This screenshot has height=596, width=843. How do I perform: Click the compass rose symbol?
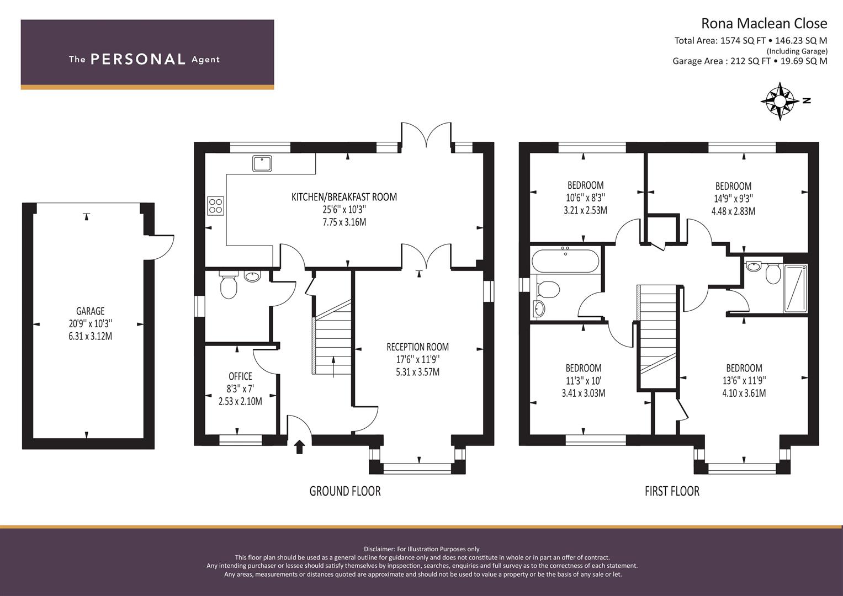[x=780, y=101]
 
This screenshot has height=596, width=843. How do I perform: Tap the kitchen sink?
[x=262, y=164]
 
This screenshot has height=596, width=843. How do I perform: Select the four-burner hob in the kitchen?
[x=216, y=206]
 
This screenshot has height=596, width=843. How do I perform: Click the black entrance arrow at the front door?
[x=300, y=447]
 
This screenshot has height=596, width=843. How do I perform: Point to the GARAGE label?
[x=91, y=311]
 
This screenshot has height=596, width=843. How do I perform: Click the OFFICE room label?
[x=241, y=376]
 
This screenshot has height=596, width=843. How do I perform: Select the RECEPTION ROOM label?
[x=418, y=347]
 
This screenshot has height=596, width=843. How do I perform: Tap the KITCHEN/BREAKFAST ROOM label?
[x=344, y=197]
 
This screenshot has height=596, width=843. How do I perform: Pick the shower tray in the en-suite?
[x=796, y=288]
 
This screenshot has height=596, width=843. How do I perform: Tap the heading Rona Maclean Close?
[x=765, y=23]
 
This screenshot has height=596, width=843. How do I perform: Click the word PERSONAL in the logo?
[x=138, y=59]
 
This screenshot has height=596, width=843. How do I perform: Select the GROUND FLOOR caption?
[x=345, y=491]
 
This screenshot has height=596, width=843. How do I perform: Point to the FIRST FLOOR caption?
[x=672, y=491]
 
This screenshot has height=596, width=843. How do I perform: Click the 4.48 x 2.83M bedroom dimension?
[x=733, y=211]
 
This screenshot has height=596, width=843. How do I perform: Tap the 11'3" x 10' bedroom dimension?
[x=584, y=380]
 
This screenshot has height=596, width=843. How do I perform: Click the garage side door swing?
[x=162, y=247]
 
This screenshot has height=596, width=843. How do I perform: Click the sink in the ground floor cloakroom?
[x=252, y=276]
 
